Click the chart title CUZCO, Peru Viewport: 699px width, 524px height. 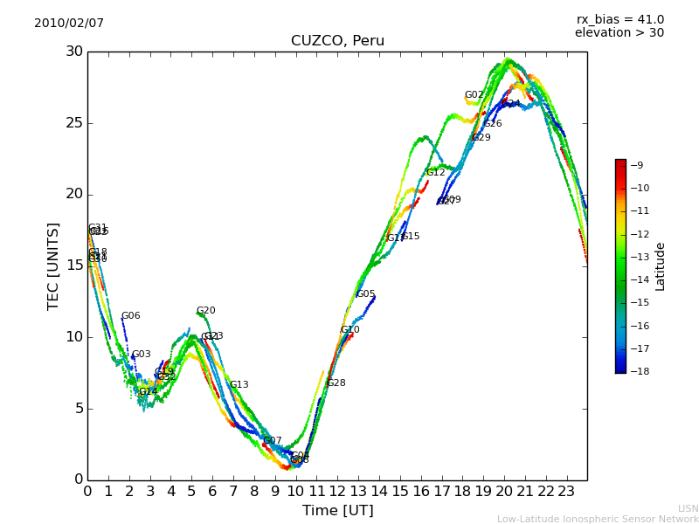337,41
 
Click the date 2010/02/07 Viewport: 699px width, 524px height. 69,24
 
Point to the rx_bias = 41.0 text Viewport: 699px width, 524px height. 619,20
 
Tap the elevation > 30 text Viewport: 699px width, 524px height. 619,33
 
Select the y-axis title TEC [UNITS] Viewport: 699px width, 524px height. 54,265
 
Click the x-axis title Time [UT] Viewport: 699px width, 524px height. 337,511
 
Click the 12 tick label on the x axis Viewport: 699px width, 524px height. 337,492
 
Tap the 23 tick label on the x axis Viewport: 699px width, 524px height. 566,492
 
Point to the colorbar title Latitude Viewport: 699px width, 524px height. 661,266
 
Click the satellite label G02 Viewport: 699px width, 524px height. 474,95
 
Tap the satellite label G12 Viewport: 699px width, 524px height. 435,173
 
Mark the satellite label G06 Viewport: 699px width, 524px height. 130,316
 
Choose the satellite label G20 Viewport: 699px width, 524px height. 205,311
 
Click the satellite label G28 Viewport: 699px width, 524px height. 336,383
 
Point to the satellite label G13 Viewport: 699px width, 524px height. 239,385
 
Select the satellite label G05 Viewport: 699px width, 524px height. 365,294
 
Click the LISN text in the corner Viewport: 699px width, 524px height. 688,508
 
